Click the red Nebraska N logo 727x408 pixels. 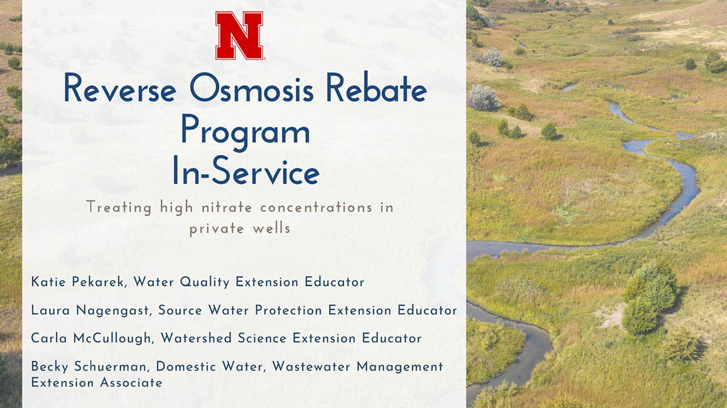click(x=239, y=36)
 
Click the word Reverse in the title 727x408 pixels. click(x=120, y=88)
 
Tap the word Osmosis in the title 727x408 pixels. click(x=251, y=88)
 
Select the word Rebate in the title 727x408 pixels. click(x=376, y=88)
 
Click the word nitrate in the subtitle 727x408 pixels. click(x=227, y=208)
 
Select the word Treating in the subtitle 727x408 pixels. click(x=119, y=208)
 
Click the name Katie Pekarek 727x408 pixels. click(x=78, y=282)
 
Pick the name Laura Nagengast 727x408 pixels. click(x=90, y=311)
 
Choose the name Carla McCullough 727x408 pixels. click(x=91, y=338)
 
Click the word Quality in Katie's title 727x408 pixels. click(x=205, y=282)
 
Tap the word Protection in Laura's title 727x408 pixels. click(x=288, y=311)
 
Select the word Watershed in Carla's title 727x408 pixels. click(x=196, y=338)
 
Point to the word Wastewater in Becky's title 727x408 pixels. click(x=311, y=366)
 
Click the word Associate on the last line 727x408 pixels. click(x=131, y=383)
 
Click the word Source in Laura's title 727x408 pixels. click(x=180, y=311)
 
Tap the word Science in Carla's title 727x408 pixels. click(x=262, y=338)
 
